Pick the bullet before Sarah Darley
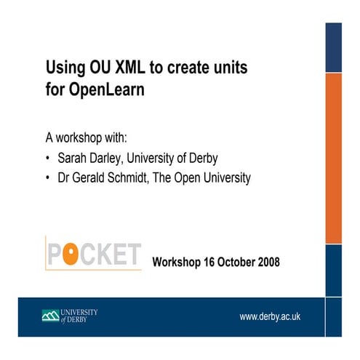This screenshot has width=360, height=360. [48, 158]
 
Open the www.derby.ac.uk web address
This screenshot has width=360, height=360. [271, 316]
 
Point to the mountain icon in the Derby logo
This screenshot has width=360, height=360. [51, 316]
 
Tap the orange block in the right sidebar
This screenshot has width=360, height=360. [333, 159]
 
